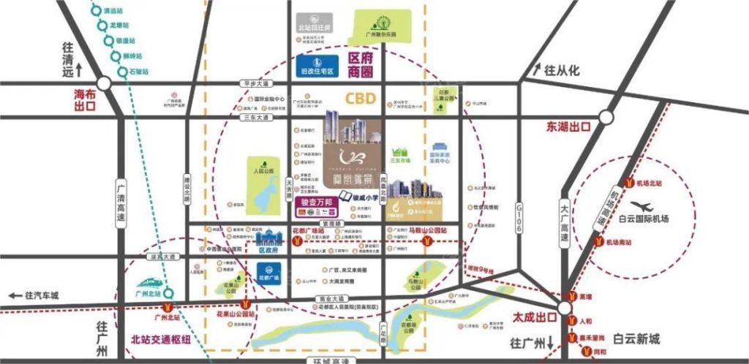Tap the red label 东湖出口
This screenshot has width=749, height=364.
(x=568, y=126)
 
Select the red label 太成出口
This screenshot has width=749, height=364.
(x=529, y=319)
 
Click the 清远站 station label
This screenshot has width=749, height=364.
(x=113, y=12)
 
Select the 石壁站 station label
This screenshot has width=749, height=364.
(x=138, y=72)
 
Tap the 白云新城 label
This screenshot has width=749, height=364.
(x=636, y=338)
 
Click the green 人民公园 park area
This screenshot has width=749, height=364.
(x=263, y=186)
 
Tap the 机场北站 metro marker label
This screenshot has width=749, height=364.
(x=649, y=183)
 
